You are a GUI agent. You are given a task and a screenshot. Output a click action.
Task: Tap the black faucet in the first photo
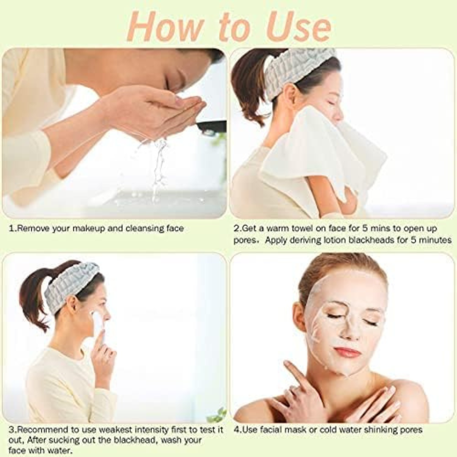coord(212,126)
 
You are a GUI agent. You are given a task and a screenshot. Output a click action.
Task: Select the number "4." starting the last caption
coord(237,430)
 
